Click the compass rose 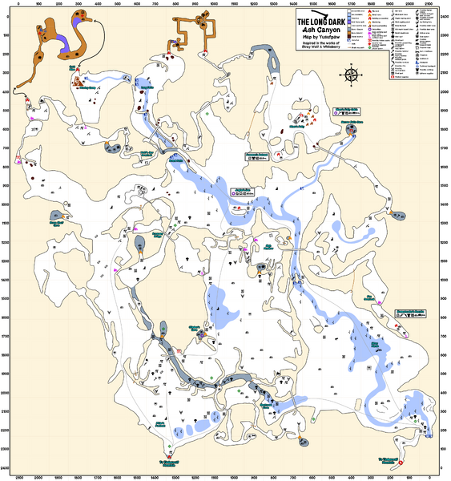pos(350,75)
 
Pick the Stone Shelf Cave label pos(57,224)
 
